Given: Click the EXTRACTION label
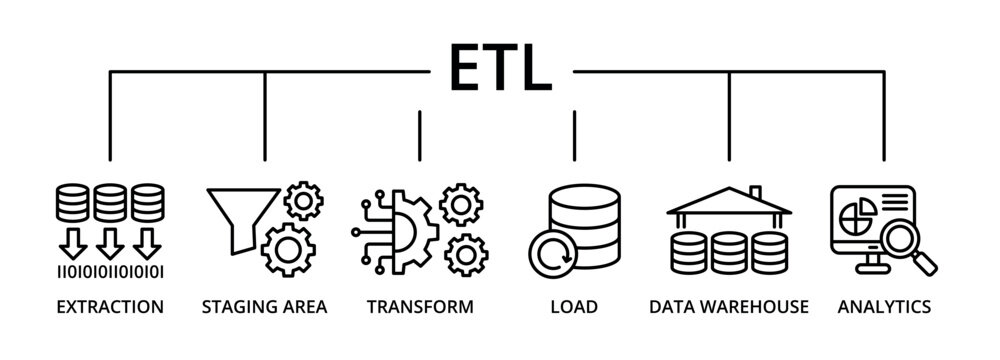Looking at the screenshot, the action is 108,306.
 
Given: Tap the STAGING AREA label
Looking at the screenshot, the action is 264,306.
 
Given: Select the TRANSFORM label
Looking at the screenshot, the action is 419,306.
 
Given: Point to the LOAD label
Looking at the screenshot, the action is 574,306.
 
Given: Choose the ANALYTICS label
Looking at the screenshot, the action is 884,306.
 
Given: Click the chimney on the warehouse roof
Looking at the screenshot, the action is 756,193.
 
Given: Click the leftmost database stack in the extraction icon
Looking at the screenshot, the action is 69,203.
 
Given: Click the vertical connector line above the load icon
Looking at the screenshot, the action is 574,135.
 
